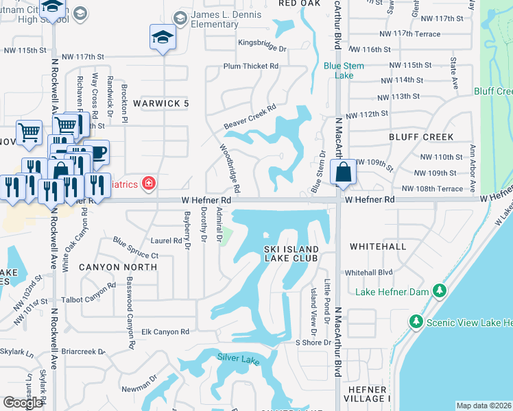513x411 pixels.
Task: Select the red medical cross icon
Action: (147, 183)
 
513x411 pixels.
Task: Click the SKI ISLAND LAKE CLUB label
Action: (291, 253)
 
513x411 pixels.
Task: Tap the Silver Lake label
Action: (239, 358)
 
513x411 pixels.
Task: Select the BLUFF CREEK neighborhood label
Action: (421, 137)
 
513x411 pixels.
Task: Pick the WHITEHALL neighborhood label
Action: (378, 246)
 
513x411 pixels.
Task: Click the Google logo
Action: (23, 403)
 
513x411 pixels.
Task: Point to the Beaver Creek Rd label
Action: (250, 117)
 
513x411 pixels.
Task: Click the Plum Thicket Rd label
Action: (250, 66)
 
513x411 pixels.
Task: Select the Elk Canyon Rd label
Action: (165, 332)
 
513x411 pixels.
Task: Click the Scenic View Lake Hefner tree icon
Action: (415, 321)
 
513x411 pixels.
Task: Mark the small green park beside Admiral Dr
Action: (227, 239)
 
